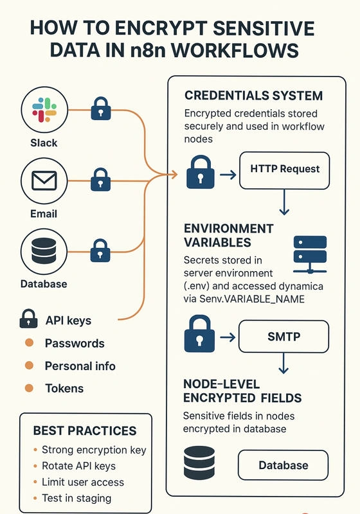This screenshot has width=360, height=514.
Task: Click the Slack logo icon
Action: pyautogui.click(x=44, y=110)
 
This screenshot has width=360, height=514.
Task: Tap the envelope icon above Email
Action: pyautogui.click(x=44, y=181)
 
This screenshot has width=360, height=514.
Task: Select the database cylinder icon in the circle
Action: pyautogui.click(x=44, y=251)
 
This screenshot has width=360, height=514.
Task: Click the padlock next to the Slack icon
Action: pyautogui.click(x=101, y=108)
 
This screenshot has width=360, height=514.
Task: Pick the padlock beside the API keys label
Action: pyautogui.click(x=28, y=319)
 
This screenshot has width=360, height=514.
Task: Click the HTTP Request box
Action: pyautogui.click(x=285, y=170)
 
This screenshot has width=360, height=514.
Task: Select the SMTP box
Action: pyautogui.click(x=283, y=337)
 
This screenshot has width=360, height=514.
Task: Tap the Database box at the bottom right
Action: pyautogui.click(x=283, y=465)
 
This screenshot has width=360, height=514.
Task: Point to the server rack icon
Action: pyautogui.click(x=310, y=254)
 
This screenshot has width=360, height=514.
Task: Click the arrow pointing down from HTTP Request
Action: pyautogui.click(x=284, y=202)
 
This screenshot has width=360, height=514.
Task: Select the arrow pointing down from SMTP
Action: pyautogui.click(x=283, y=363)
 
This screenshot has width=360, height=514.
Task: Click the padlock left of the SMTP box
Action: pyautogui.click(x=200, y=333)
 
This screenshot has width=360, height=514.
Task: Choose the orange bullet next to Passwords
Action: pyautogui.click(x=29, y=343)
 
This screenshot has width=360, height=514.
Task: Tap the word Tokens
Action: pyautogui.click(x=64, y=389)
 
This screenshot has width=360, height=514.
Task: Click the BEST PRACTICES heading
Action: pyautogui.click(x=85, y=430)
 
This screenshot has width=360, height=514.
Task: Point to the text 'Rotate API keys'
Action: pyautogui.click(x=78, y=466)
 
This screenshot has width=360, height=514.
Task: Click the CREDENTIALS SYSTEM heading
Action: pyautogui.click(x=254, y=96)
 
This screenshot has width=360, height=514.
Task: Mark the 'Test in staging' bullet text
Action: pyautogui.click(x=76, y=499)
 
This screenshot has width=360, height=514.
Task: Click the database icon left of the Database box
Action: pyautogui.click(x=199, y=463)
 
